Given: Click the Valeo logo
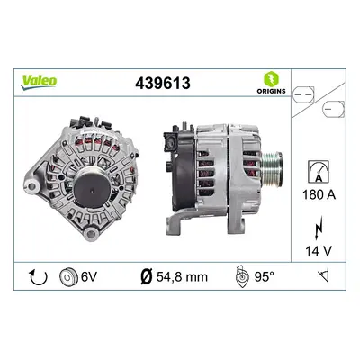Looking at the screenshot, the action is coord(39,82).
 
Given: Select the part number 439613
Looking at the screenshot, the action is coord(163,83).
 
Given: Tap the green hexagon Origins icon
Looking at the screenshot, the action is coord(271,79).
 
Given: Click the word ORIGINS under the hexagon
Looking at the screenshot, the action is coord(271,91).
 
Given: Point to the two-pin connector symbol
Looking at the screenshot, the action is coord(303,94).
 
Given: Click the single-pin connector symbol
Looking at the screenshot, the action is coord(333,109).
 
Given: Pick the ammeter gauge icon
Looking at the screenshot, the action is coord(319,172).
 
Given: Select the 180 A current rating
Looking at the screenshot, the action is coord(319,195).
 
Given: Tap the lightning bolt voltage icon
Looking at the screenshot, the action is coord(319,228).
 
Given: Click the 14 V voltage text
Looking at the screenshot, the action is coord(319,251).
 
